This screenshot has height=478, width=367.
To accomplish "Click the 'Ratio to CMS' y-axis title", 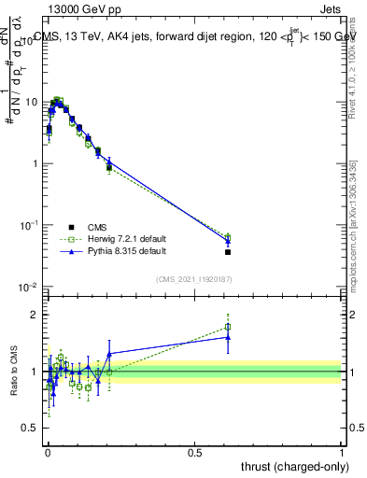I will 14,372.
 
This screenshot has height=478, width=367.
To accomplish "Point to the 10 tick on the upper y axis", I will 32,102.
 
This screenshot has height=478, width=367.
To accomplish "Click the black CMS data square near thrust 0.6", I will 228,252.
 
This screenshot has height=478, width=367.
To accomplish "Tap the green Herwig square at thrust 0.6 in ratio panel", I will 228,327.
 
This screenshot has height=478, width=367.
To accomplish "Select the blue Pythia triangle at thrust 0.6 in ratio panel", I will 228,336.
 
